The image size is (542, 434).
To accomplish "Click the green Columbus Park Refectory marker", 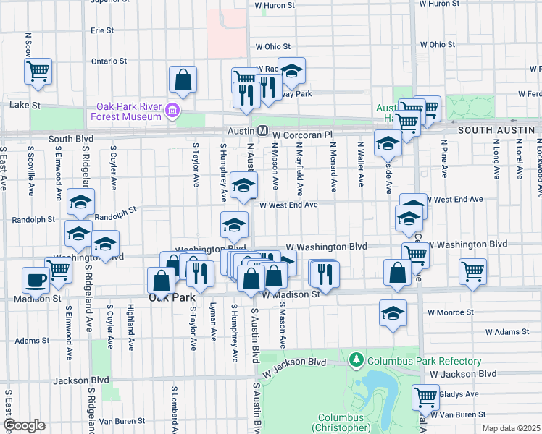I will coord(355,359).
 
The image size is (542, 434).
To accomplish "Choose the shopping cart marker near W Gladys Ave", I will coord(425,396).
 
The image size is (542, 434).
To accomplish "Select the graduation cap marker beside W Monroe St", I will coord(393,313).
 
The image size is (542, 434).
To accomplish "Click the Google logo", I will coord(24,425).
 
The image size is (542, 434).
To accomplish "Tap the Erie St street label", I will coord(102,31).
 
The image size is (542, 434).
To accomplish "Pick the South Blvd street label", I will coord(71,138).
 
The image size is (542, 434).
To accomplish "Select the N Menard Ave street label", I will coord(333,168).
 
